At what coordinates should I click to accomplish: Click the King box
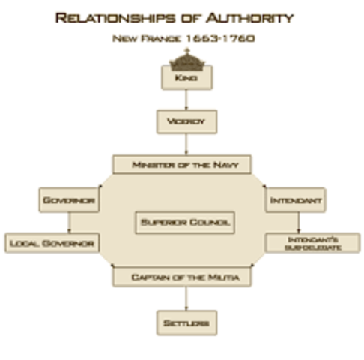click(x=186, y=76)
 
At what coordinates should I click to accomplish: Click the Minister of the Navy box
click(x=181, y=164)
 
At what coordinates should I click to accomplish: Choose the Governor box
click(x=68, y=201)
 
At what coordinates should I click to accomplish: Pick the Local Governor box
click(x=52, y=243)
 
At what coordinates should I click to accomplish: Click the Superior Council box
click(x=185, y=223)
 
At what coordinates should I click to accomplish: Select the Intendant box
click(x=296, y=201)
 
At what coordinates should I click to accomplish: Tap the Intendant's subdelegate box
click(x=312, y=243)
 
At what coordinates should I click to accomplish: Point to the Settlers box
click(x=186, y=323)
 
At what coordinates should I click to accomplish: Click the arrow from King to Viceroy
click(x=186, y=100)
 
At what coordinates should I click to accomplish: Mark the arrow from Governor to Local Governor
click(x=68, y=223)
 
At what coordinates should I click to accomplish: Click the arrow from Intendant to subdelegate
click(x=299, y=223)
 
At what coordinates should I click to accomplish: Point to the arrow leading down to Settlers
click(x=186, y=298)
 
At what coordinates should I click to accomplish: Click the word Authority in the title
click(x=248, y=17)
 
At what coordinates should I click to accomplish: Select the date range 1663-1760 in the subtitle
click(x=224, y=37)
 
